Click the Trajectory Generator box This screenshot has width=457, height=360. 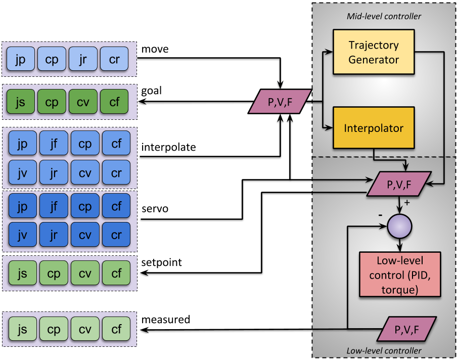(374, 52)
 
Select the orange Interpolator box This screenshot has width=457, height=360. (374, 128)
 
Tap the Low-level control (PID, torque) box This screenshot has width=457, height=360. (399, 275)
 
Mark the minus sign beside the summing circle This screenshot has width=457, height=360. (380, 215)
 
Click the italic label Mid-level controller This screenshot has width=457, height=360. (384, 16)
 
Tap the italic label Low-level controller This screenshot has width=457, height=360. (384, 350)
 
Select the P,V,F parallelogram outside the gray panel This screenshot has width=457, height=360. (280, 101)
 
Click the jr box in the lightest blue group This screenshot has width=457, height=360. (83, 59)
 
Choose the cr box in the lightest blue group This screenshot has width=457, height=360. (114, 59)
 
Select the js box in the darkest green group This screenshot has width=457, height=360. (21, 102)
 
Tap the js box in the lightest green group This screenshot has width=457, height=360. (22, 330)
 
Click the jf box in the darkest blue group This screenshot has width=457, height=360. (54, 206)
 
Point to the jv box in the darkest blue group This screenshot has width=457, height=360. (22, 235)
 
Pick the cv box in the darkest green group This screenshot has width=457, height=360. (83, 102)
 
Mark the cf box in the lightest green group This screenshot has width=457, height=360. (116, 330)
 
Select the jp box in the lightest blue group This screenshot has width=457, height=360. (21, 59)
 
